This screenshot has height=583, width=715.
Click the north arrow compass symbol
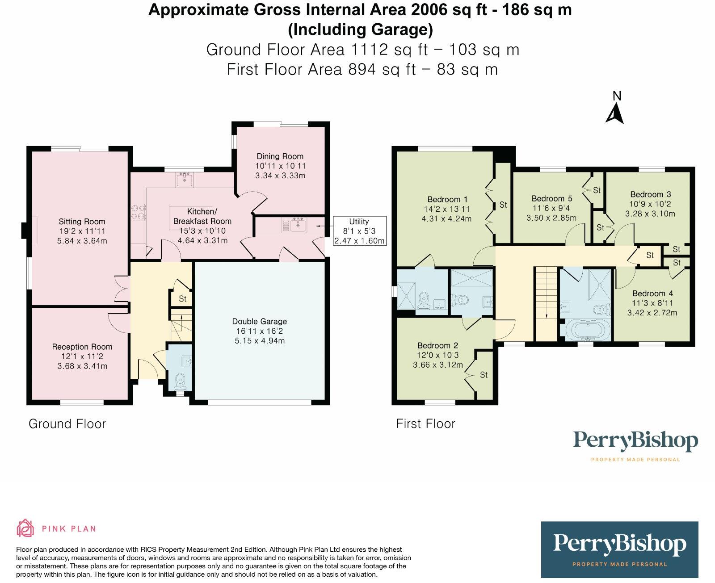[615, 113]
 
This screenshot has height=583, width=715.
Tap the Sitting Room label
[82, 222]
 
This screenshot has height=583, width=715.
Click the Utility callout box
[359, 231]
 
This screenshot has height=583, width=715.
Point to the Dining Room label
[280, 156]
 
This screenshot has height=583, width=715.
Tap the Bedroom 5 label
[551, 198]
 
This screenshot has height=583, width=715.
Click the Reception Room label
[82, 347]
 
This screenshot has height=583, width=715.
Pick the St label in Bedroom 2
[484, 375]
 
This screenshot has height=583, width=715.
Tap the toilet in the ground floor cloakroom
[180, 381]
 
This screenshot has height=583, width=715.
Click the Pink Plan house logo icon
[25, 528]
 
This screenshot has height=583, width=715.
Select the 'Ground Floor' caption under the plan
[67, 424]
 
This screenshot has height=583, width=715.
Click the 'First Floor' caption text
[425, 424]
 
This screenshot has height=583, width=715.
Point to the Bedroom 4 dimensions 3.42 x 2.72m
[652, 313]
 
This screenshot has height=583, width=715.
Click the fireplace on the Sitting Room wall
[25, 231]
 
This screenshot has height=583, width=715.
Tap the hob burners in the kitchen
[138, 212]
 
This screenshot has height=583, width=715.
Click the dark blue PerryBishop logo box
[619, 549]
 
